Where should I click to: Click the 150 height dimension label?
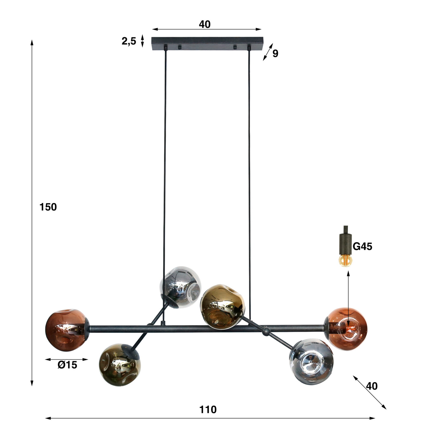pyautogui.click(x=48, y=207)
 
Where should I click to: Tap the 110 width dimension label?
pyautogui.click(x=208, y=409)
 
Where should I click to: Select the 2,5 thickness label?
pyautogui.click(x=129, y=41)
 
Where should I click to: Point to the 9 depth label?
pyautogui.click(x=275, y=54)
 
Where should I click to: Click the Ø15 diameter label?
pyautogui.click(x=67, y=365)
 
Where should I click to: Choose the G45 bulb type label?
pyautogui.click(x=362, y=246)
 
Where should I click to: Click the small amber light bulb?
pyautogui.click(x=346, y=260)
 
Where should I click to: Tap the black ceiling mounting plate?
pyautogui.click(x=207, y=43)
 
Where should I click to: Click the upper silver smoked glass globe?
pyautogui.click(x=180, y=287)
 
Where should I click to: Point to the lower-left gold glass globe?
pyautogui.click(x=120, y=364)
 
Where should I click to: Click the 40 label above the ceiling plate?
pyautogui.click(x=205, y=24)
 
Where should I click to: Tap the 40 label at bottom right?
pyautogui.click(x=372, y=386)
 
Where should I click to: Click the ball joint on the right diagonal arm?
pyautogui.click(x=266, y=332)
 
